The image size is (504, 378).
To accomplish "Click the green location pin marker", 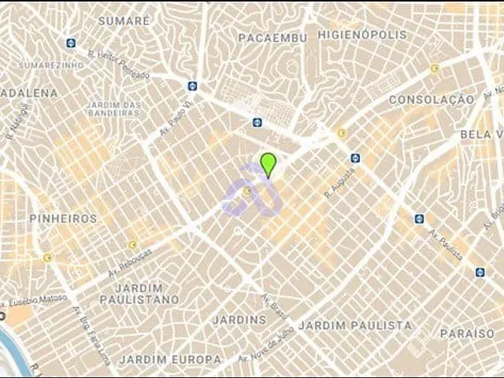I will [x=268, y=164].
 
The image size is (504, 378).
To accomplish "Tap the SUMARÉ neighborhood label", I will [x=124, y=20].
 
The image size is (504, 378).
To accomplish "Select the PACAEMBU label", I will [x=270, y=37].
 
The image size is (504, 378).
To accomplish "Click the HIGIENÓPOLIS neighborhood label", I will [x=362, y=35].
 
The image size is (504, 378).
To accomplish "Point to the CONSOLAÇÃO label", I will [x=432, y=100].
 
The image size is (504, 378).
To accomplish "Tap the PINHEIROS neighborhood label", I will [x=63, y=218].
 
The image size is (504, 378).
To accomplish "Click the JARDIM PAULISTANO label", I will [x=139, y=294].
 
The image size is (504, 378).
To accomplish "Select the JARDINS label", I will [x=239, y=320].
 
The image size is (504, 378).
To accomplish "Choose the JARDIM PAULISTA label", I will [x=355, y=325].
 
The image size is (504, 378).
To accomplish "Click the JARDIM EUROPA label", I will [x=170, y=359].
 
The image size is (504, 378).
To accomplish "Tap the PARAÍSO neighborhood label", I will [x=467, y=334].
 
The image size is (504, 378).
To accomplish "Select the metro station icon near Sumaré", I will [x=72, y=43].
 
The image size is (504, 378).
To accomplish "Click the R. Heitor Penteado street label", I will [x=119, y=65].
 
